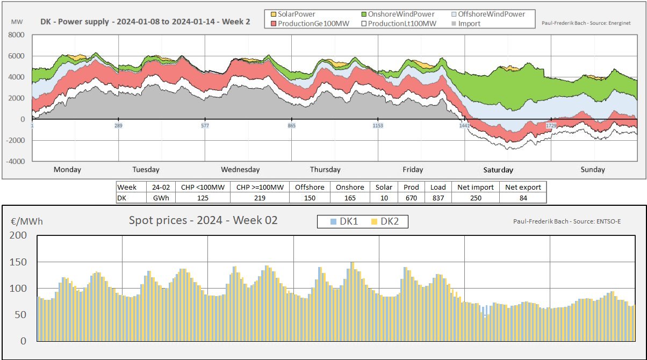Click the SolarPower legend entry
coord(293,14)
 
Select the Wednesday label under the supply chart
coord(240,170)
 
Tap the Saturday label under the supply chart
coord(498,170)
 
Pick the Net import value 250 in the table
coord(476,198)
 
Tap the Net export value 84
coord(523,198)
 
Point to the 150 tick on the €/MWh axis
coord(19,262)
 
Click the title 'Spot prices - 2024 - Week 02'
coord(203,220)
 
